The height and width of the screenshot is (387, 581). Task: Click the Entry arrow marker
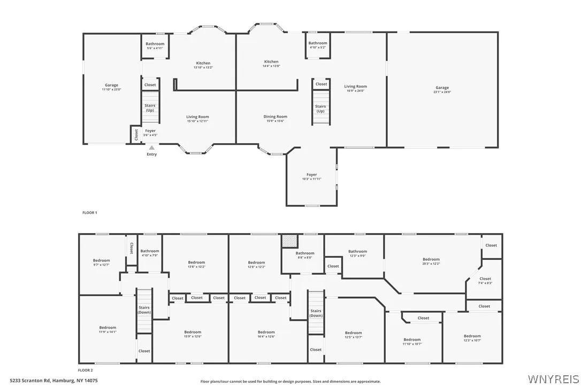152,148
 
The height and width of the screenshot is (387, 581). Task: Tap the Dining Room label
275,117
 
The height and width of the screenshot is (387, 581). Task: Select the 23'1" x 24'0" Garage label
442,90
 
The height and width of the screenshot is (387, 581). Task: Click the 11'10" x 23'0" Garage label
111,87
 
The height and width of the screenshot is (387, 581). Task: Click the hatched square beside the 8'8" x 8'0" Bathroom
289,242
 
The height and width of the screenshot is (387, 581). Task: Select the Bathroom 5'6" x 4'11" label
155,46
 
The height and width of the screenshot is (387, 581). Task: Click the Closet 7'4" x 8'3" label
485,281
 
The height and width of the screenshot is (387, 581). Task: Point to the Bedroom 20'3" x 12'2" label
431,261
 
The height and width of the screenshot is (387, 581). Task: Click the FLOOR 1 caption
89,213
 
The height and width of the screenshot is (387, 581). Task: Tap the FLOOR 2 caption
86,370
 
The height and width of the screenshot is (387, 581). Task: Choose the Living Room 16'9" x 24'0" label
355,88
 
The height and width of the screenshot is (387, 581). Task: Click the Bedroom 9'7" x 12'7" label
101,262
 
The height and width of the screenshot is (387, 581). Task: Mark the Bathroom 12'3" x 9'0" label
357,253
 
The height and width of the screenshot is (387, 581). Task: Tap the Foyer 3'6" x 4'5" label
150,133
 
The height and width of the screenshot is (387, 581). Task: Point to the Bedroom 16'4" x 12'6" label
266,334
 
